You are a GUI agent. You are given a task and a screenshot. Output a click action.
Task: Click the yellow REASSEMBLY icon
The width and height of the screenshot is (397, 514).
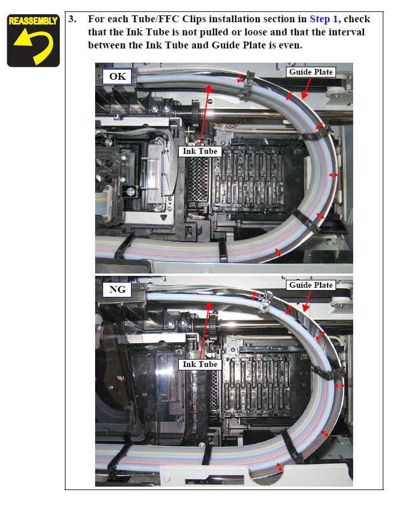tap(33, 40)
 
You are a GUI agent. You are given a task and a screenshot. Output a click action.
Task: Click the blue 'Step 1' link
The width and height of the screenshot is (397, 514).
tap(324, 19)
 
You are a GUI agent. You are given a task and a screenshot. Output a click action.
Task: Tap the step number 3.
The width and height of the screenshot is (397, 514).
tap(72, 19)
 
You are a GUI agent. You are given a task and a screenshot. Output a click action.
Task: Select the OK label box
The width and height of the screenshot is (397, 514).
tap(117, 76)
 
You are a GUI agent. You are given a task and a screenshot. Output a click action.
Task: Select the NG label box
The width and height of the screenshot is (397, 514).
tap(117, 289)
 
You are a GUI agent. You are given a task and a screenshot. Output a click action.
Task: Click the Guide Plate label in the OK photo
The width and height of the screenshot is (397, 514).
tap(311, 72)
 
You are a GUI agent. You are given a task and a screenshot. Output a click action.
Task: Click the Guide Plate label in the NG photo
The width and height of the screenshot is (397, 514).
tap(311, 285)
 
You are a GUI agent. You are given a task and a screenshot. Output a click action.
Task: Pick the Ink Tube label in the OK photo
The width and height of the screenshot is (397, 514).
tap(200, 151)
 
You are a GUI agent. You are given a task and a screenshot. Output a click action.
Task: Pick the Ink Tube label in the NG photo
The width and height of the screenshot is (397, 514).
tap(200, 364)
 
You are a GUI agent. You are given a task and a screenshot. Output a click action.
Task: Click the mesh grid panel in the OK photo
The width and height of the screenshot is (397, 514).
tap(197, 180)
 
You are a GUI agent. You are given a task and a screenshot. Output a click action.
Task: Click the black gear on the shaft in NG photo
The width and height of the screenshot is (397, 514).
tap(214, 323)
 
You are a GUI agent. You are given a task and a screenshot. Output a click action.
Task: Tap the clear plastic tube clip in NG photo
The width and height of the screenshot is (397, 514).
tap(265, 301)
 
